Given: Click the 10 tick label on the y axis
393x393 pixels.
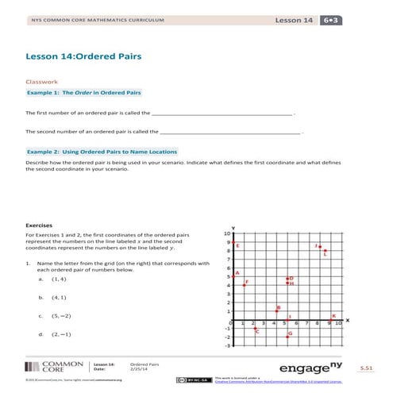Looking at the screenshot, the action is coord(227,233).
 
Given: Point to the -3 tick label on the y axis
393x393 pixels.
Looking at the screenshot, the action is coord(227,345).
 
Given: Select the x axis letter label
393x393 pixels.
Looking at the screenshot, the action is coord(347,320).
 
